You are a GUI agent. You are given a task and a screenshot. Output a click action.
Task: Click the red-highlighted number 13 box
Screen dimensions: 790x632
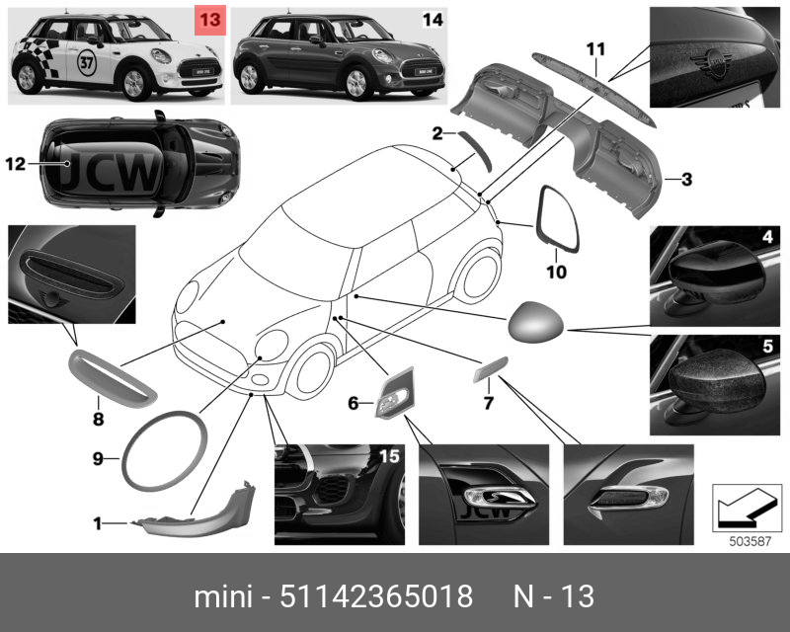210,20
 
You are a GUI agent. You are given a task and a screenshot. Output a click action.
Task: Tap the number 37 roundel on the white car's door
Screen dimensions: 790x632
86,63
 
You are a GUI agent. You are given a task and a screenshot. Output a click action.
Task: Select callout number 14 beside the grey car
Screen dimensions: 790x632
433,20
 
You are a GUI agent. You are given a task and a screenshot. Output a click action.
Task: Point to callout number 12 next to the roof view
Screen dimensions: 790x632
15,164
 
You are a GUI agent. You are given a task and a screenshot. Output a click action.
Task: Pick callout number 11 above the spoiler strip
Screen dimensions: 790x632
595,49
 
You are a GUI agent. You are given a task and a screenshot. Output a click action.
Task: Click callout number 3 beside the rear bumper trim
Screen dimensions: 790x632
686,179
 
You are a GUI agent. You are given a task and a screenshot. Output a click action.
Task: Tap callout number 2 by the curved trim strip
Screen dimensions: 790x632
436,133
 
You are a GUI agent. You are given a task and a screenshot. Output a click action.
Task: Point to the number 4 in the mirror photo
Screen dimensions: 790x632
767,236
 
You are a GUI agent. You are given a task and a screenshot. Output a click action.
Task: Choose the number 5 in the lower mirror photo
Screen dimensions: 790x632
767,347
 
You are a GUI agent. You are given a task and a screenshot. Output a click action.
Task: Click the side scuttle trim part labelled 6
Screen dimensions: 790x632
394,393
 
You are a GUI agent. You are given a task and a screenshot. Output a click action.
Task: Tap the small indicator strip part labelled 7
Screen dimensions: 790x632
490,369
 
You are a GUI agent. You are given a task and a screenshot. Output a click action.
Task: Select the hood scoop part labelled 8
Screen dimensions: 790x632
113,379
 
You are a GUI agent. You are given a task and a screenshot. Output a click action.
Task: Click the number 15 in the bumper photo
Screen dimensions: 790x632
389,456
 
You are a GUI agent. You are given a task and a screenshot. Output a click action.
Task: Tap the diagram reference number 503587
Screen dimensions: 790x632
750,541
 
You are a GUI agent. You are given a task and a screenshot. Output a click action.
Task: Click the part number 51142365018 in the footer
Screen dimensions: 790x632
376,596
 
